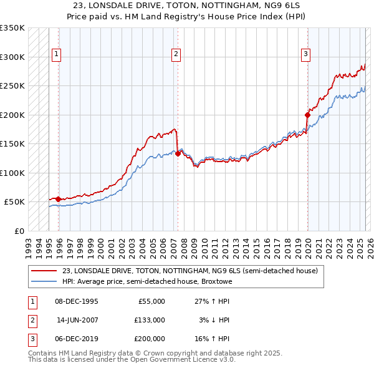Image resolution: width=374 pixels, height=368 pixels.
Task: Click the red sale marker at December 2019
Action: [307, 115]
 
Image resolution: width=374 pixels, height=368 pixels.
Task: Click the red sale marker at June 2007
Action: [178, 153]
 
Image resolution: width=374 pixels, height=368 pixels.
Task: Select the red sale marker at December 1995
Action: [58, 199]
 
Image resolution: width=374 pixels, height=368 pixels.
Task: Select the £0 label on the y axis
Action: [19, 231]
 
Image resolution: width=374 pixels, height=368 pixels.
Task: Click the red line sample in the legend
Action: [44, 271]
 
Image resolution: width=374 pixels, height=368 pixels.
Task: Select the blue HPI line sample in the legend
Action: [44, 281]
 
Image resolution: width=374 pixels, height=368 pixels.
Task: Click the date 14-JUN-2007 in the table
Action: [77, 320]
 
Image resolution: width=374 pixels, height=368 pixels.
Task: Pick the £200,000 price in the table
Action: [150, 339]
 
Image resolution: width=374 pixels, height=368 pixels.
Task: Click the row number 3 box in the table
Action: [31, 339]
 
